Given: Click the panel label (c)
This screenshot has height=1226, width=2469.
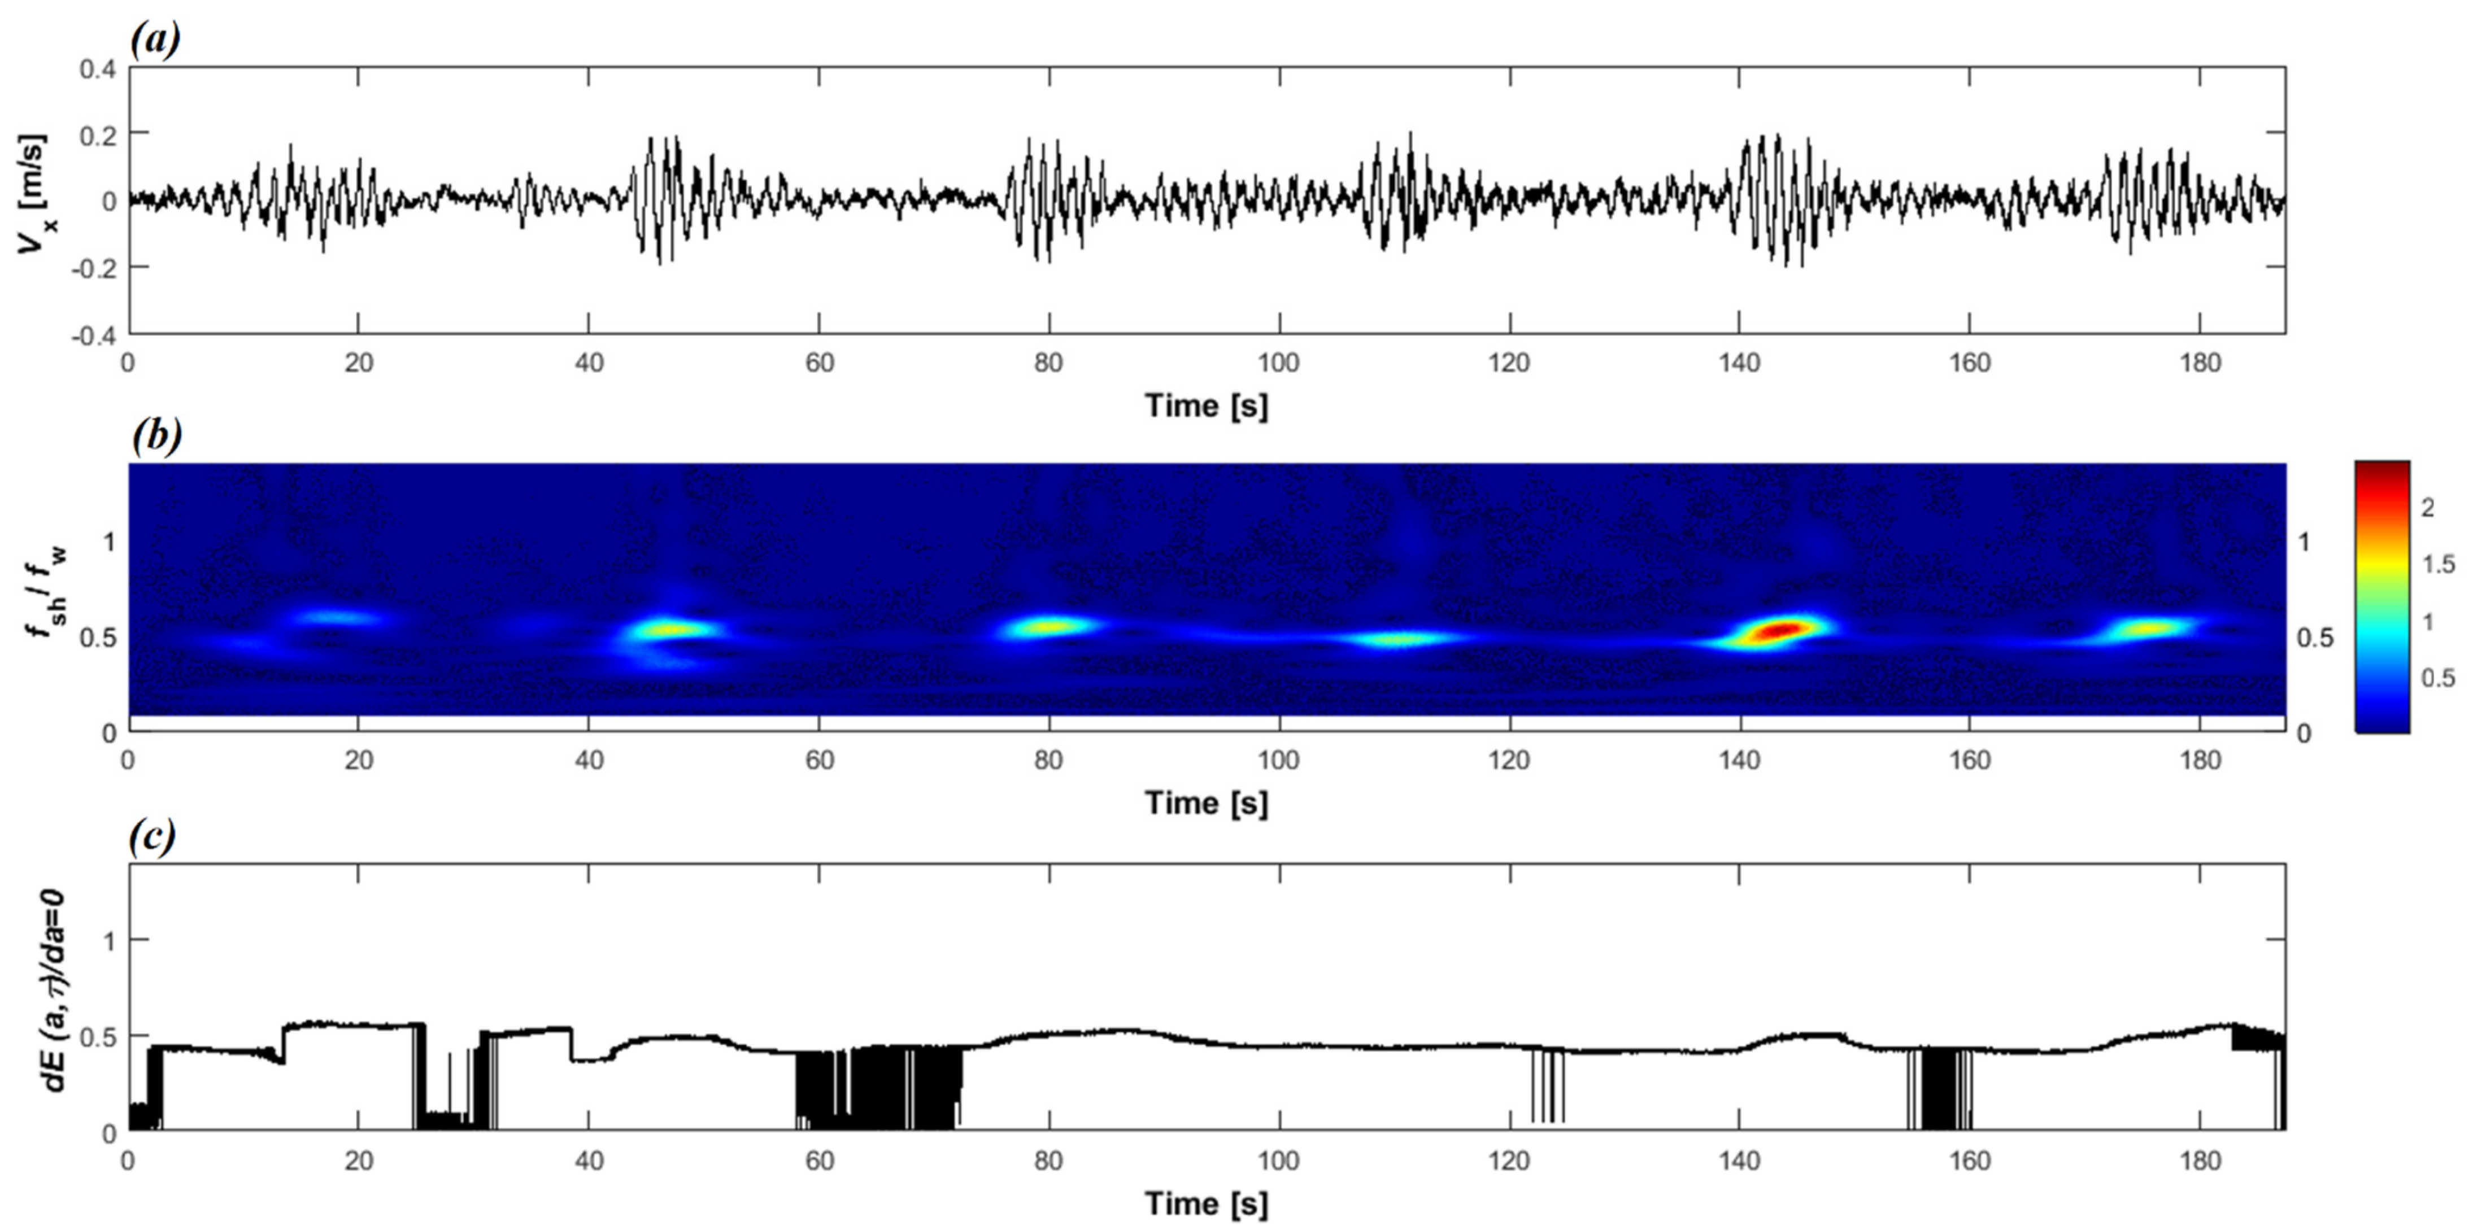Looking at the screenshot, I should [153, 837].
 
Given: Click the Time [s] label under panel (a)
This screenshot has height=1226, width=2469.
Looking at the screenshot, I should [1206, 405].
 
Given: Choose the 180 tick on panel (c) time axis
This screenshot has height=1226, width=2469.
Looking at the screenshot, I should [2200, 1162].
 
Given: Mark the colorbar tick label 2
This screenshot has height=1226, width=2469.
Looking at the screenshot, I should [2427, 508].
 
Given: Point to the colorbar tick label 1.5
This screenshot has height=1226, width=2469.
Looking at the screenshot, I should [2437, 565].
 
